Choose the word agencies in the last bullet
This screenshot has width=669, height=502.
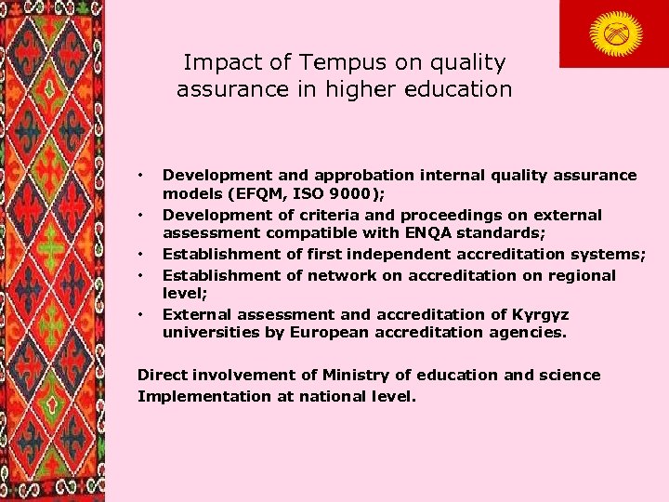[x=534, y=333]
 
